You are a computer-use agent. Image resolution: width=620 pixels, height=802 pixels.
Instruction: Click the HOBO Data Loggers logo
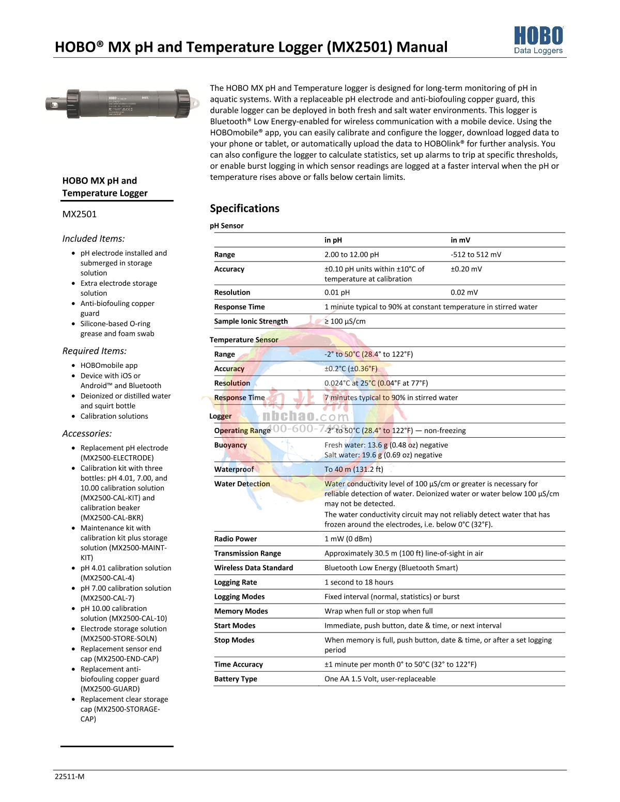[x=538, y=41]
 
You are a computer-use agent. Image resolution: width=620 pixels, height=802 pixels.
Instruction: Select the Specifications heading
[x=244, y=208]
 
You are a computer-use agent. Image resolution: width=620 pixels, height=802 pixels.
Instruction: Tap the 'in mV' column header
[x=460, y=240]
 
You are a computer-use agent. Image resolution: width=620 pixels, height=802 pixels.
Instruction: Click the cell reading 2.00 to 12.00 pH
[x=351, y=254]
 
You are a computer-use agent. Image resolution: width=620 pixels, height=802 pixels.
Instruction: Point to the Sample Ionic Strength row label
[x=251, y=321]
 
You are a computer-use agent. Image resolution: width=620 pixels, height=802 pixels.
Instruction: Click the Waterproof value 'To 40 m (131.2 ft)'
[x=353, y=469]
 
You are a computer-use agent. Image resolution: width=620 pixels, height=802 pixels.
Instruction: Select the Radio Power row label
[x=235, y=538]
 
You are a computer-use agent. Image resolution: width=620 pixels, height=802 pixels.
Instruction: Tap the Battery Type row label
[x=235, y=678]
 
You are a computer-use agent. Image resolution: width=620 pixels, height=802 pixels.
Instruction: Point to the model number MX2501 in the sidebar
[x=79, y=214]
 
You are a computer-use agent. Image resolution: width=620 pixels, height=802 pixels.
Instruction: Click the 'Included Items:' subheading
[x=94, y=239]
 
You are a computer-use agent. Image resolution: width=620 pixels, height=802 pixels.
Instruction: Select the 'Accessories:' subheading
[x=87, y=434]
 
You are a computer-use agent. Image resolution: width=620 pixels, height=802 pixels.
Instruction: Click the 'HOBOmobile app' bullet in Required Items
[x=109, y=365]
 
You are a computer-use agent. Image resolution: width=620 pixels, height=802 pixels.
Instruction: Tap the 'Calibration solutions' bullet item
[x=114, y=416]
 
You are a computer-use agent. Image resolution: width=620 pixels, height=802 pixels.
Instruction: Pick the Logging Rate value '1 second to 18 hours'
[x=359, y=582]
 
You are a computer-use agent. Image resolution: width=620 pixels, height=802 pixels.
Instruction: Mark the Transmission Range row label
[x=247, y=553]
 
